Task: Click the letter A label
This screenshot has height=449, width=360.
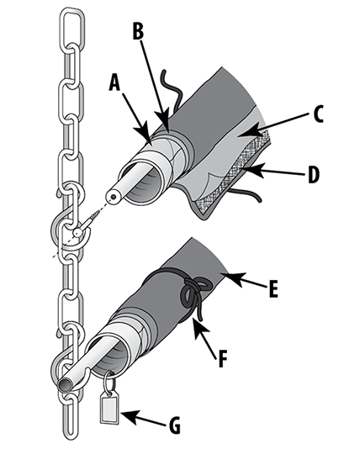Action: point(115,82)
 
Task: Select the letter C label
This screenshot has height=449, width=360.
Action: point(318,114)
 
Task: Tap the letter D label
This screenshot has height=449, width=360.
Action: point(314,174)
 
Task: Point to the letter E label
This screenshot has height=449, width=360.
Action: point(273,288)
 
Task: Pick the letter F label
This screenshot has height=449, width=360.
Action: point(223,358)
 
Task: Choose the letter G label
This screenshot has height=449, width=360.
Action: point(175,425)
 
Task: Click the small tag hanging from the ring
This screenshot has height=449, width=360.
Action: point(109,408)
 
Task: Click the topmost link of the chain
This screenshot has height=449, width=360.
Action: point(71,26)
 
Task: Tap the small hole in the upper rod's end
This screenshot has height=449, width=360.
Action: point(114,197)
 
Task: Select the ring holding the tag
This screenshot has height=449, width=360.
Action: point(109,382)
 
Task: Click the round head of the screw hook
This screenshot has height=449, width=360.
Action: point(77,233)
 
